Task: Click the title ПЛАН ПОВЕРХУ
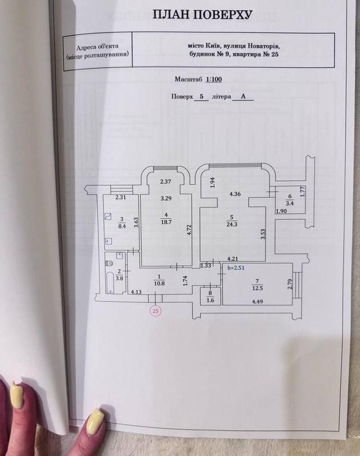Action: [x=202, y=14]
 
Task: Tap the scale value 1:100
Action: [x=214, y=79]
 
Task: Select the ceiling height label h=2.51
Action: [x=236, y=268]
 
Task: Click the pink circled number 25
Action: [x=156, y=311]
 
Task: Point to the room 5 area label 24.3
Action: [x=232, y=224]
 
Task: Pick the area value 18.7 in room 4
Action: [x=166, y=222]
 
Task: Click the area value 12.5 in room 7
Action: [x=257, y=288]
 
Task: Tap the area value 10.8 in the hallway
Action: [x=159, y=283]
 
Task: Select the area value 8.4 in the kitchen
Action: [x=121, y=226]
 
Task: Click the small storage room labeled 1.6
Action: [x=210, y=296]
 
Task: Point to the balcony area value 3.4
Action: [x=290, y=204]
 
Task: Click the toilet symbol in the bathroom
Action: [x=110, y=264]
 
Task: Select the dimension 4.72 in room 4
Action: [x=188, y=229]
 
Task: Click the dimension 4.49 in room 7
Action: [x=257, y=301]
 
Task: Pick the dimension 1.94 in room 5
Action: [x=212, y=183]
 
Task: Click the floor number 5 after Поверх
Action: [x=201, y=97]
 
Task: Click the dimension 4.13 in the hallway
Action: [x=136, y=291]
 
